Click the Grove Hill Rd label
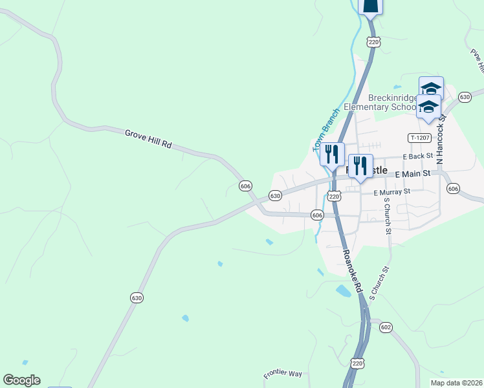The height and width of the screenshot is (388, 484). click(148, 139)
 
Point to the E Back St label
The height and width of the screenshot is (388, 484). click(417, 157)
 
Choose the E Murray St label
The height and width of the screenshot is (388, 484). click(392, 191)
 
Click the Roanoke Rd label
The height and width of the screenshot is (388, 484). click(350, 272)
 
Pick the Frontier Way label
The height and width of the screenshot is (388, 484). click(283, 374)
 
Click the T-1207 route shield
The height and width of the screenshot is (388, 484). click(419, 138)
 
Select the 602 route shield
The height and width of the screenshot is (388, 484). click(386, 327)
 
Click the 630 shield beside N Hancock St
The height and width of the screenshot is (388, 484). click(464, 96)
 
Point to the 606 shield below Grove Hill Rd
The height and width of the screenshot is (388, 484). click(245, 186)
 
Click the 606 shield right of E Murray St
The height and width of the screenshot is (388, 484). click(453, 188)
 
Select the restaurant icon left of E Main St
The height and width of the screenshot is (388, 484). click(360, 166)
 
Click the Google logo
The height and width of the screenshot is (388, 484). click(21, 380)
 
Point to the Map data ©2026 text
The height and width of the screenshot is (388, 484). click(456, 383)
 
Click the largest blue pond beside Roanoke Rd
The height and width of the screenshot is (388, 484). click(344, 291)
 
